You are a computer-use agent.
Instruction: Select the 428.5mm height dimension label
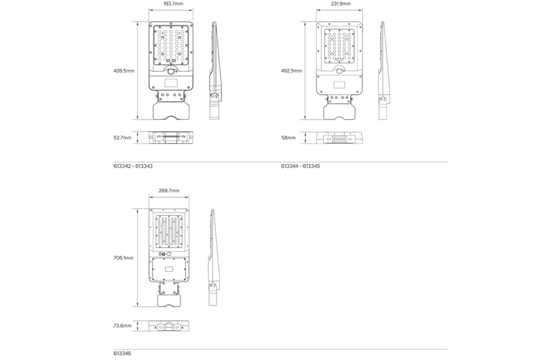point(124,71)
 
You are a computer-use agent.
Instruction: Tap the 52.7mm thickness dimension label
point(122,138)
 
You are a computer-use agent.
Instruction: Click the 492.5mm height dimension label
point(292,71)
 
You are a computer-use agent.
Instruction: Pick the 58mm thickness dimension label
point(288,138)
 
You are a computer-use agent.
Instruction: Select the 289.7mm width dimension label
point(169,191)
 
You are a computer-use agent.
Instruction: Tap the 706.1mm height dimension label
point(123,258)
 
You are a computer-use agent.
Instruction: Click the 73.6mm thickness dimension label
point(122,326)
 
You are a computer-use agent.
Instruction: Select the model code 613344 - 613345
point(300,166)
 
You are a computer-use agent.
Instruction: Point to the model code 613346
point(122,354)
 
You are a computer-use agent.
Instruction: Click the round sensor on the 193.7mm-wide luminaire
point(172,72)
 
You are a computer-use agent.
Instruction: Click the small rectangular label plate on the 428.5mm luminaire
point(171,83)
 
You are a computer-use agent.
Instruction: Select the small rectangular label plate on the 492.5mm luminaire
point(339,84)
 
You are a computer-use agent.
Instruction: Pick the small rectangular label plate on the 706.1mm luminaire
point(169,269)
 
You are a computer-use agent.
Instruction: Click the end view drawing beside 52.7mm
point(172,138)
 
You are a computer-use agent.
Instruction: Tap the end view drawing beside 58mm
point(340,138)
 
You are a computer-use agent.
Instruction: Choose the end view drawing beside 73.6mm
point(169,326)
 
